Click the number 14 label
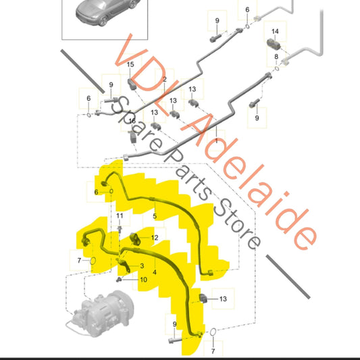click(275, 31)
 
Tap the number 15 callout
click(130, 65)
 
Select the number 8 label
click(276, 57)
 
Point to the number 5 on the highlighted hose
click(155, 216)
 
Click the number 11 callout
click(120, 216)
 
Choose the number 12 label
click(155, 238)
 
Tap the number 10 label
click(143, 280)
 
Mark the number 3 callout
click(142, 266)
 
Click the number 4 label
click(155, 272)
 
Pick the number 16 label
click(132, 121)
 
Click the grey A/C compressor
click(101, 313)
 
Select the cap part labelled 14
click(274, 45)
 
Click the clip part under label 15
click(132, 84)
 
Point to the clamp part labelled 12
click(136, 239)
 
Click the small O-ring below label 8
click(277, 68)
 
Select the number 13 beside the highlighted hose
click(223, 299)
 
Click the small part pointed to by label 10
click(119, 280)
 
